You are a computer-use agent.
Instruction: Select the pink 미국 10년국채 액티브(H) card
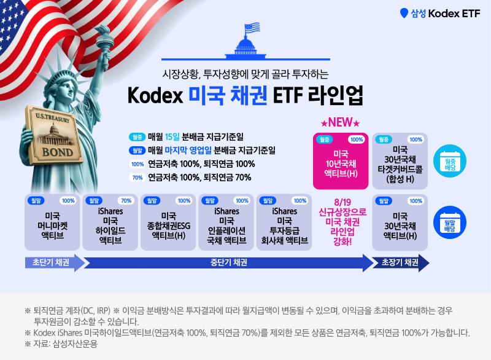[341, 161]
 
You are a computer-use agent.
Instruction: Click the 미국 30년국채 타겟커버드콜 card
[400, 161]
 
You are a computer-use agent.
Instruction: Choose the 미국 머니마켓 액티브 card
[52, 222]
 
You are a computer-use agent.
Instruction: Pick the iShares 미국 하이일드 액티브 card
[110, 222]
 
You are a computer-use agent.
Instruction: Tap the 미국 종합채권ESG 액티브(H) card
[168, 222]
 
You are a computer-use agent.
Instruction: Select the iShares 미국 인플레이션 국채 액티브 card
[226, 222]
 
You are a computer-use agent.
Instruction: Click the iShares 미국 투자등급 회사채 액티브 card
[284, 222]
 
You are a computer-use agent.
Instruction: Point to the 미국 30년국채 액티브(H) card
[400, 222]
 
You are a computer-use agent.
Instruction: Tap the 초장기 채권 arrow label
[400, 263]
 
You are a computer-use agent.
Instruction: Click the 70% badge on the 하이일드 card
[125, 200]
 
